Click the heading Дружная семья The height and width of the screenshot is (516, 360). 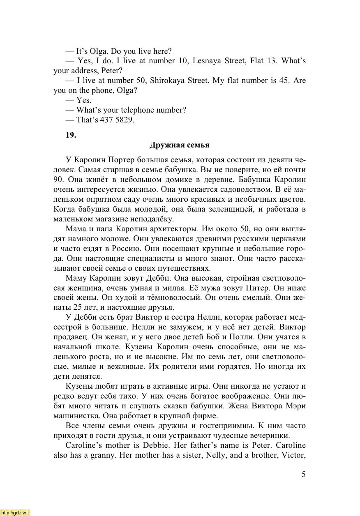point(180,145)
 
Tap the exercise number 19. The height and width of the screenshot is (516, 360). point(71,135)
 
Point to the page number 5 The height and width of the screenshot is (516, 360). point(303,475)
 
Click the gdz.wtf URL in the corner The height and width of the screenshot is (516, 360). point(15,512)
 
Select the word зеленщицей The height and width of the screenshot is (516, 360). point(235,209)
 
